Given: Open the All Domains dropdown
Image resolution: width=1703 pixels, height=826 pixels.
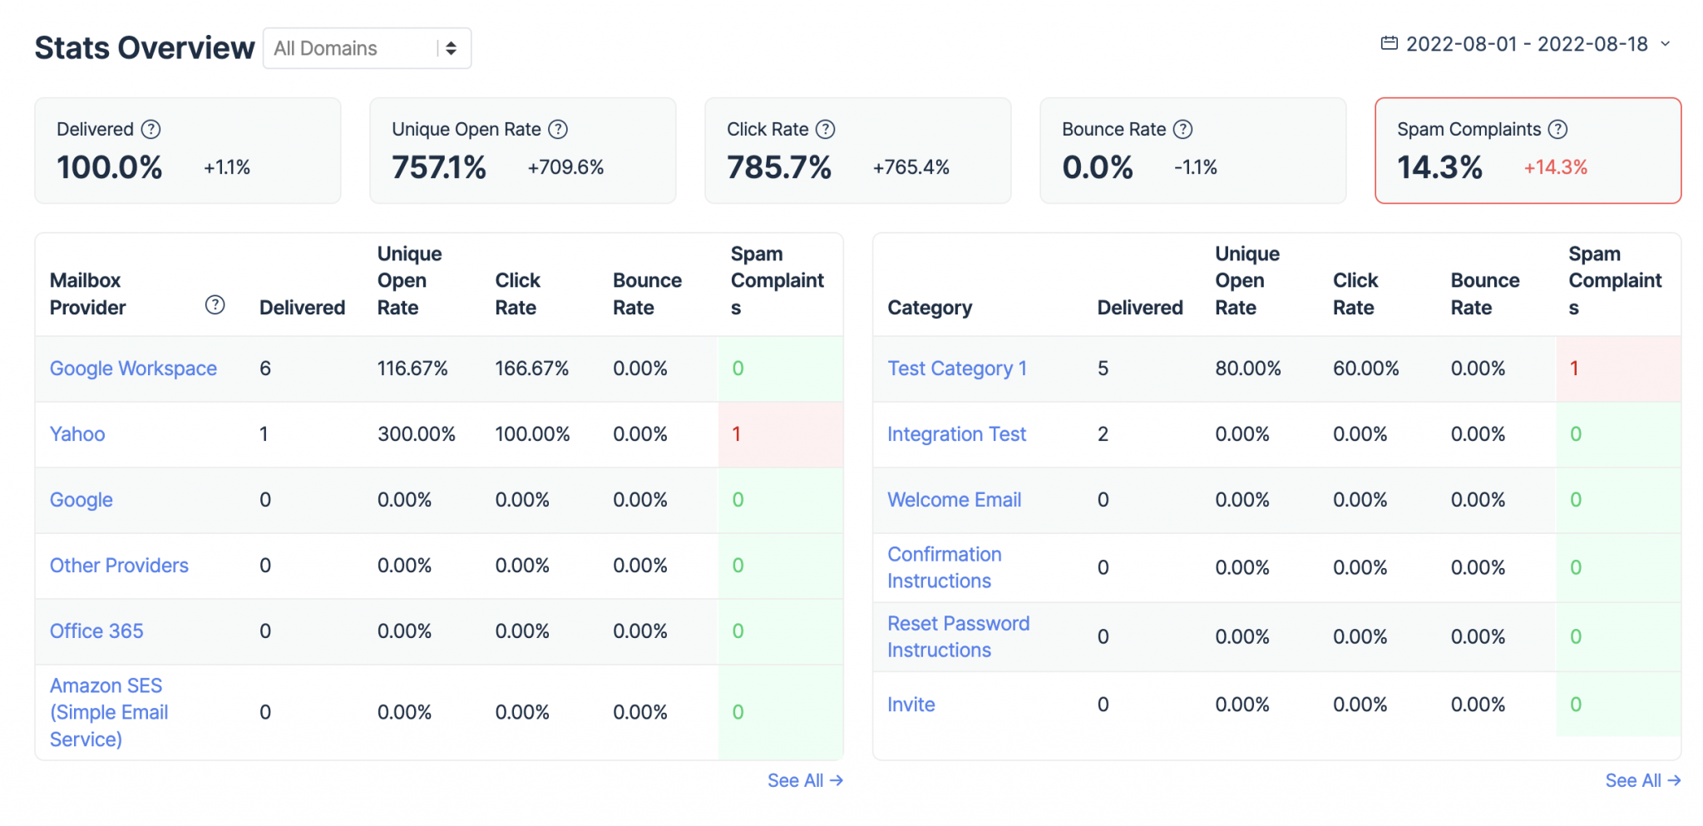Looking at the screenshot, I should pyautogui.click(x=367, y=48).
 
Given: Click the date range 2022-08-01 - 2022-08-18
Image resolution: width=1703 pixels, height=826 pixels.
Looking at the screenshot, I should pyautogui.click(x=1526, y=44).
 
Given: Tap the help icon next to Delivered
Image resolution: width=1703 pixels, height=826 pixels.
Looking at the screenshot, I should pyautogui.click(x=151, y=129).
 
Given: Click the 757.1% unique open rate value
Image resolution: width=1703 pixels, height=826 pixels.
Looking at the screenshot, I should pyautogui.click(x=439, y=167).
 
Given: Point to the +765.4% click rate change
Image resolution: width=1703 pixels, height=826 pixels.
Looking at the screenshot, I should pyautogui.click(x=911, y=167).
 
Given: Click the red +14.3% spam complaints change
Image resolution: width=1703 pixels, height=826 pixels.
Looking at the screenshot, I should pyautogui.click(x=1555, y=167).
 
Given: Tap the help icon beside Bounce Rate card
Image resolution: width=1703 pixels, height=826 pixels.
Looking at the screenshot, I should pyautogui.click(x=1182, y=129).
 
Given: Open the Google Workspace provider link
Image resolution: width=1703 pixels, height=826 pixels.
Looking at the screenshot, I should pyautogui.click(x=133, y=368).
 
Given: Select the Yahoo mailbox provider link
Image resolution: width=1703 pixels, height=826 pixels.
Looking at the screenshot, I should pyautogui.click(x=77, y=434).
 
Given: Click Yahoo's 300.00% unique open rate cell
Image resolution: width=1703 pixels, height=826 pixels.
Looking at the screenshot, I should pyautogui.click(x=416, y=434).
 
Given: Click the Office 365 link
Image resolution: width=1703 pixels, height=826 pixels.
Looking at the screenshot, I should pyautogui.click(x=96, y=631).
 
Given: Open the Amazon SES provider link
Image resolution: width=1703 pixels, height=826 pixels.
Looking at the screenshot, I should pyautogui.click(x=108, y=712).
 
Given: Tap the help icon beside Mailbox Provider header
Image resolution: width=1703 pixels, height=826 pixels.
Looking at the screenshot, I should pyautogui.click(x=215, y=305).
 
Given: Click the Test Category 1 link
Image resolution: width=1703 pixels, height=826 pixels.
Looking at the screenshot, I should pyautogui.click(x=956, y=368).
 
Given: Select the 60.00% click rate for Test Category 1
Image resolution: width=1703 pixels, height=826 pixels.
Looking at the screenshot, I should pyautogui.click(x=1365, y=368).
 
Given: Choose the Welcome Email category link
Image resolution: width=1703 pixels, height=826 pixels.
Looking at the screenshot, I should pyautogui.click(x=954, y=500).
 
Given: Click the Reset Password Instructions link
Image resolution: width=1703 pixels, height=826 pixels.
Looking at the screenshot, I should pyautogui.click(x=958, y=636).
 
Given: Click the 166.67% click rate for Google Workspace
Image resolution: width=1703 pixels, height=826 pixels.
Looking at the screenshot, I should pyautogui.click(x=531, y=368).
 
